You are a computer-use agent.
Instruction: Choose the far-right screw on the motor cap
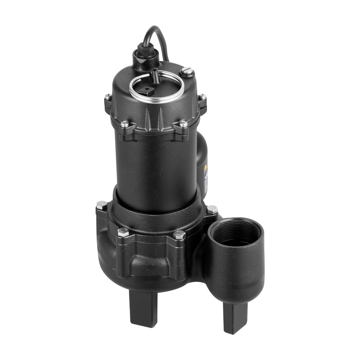202,97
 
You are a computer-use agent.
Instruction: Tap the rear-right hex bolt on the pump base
212,209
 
